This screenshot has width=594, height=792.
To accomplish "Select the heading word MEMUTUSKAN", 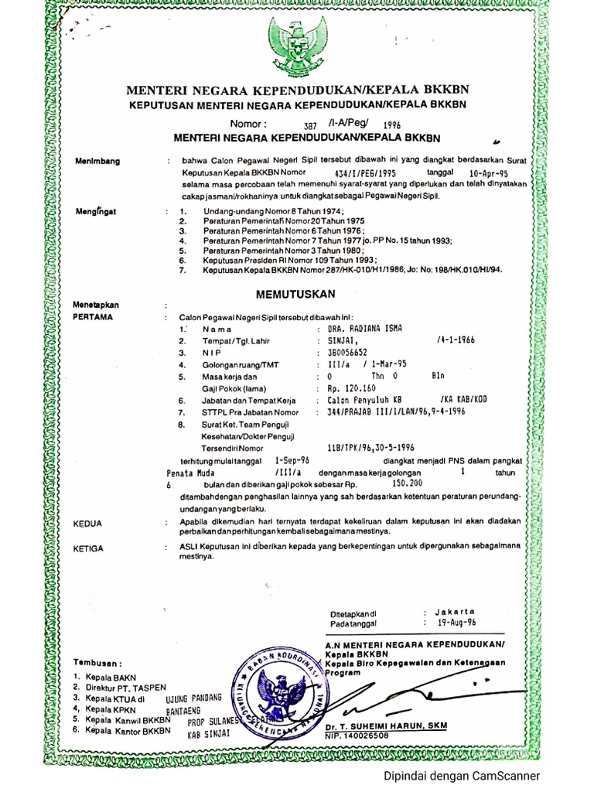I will click(296, 294).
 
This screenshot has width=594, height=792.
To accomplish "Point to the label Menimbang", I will click(98, 161).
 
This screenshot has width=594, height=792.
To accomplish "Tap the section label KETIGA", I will click(90, 548).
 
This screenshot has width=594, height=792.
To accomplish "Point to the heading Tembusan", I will click(98, 663).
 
